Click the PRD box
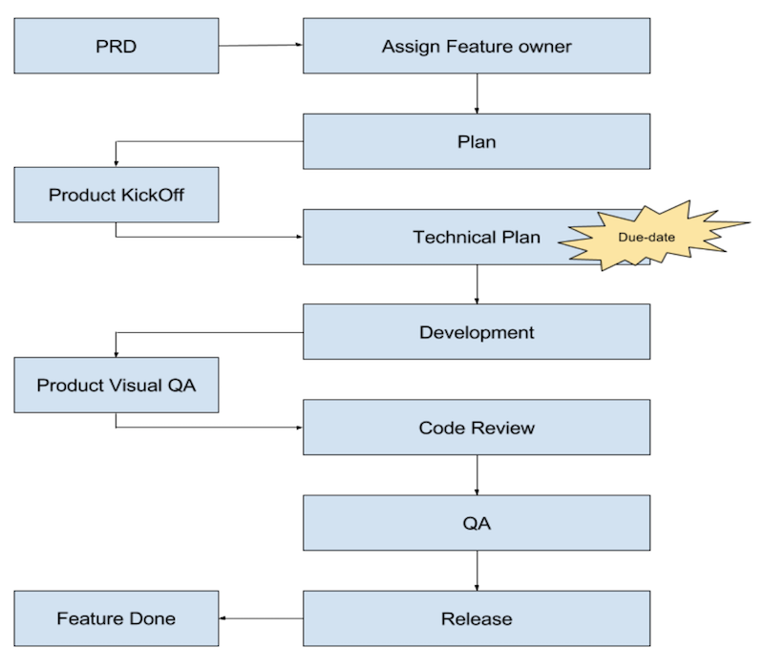point(117,46)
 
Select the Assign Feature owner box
point(477,46)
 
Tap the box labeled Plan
point(477,141)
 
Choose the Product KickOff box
point(117,195)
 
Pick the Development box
point(477,332)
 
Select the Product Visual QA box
point(117,386)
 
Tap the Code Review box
point(477,428)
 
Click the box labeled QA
point(477,523)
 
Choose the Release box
point(477,618)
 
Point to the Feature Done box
point(117,618)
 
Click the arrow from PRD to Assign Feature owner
point(261,45)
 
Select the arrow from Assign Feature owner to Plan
point(477,94)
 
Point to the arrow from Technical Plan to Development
point(477,284)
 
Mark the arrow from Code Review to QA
point(477,475)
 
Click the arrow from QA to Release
point(477,571)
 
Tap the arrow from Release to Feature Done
point(261,618)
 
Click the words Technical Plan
point(477,237)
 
